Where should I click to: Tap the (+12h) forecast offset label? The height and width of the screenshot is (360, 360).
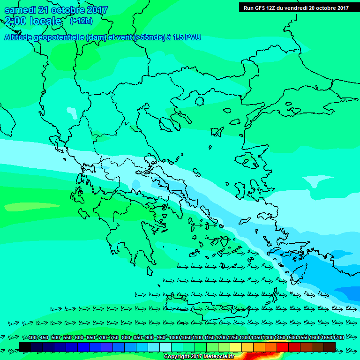point(81,21)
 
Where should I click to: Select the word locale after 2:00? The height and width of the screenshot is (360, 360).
point(45,21)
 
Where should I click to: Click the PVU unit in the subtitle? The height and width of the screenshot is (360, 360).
point(193,37)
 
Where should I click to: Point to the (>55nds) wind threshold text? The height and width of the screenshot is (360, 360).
point(150,37)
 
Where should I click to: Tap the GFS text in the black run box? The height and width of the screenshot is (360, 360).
point(260,7)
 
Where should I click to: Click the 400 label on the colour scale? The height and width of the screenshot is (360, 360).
point(32,337)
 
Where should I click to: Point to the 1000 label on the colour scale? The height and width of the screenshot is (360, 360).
point(174,337)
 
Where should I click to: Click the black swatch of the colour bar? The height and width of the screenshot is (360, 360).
point(25,346)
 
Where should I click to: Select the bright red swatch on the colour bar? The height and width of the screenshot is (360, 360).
point(283,346)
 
